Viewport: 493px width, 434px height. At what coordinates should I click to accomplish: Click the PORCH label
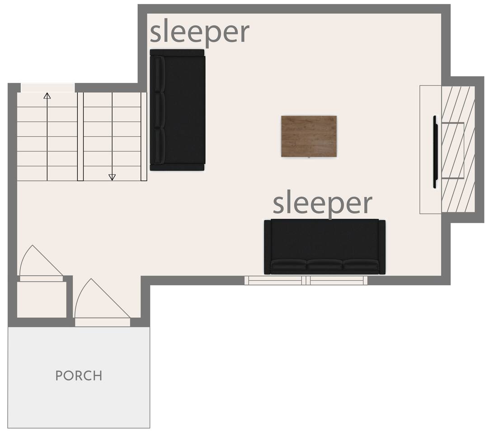(79, 376)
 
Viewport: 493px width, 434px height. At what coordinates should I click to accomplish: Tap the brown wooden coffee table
(309, 136)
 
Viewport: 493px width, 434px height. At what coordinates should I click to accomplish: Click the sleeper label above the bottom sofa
(322, 204)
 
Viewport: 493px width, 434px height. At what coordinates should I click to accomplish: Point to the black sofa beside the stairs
(178, 110)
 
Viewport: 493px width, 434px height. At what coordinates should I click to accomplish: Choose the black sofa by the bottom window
(324, 246)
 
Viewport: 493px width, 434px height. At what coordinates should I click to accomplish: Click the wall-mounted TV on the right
(435, 152)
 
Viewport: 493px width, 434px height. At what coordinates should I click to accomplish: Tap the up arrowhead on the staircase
(47, 95)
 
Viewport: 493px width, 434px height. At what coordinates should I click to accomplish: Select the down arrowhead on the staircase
(112, 177)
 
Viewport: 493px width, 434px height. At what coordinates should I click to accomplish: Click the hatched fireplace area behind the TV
(458, 149)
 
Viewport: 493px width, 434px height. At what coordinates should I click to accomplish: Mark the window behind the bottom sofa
(306, 280)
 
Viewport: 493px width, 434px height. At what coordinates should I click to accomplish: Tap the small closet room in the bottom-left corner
(42, 299)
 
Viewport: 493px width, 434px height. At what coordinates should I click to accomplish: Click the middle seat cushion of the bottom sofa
(324, 264)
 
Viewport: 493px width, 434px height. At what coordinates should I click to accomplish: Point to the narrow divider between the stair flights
(80, 137)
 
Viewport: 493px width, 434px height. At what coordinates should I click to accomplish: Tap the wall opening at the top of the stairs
(47, 88)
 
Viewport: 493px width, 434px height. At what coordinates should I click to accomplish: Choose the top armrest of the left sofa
(177, 52)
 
